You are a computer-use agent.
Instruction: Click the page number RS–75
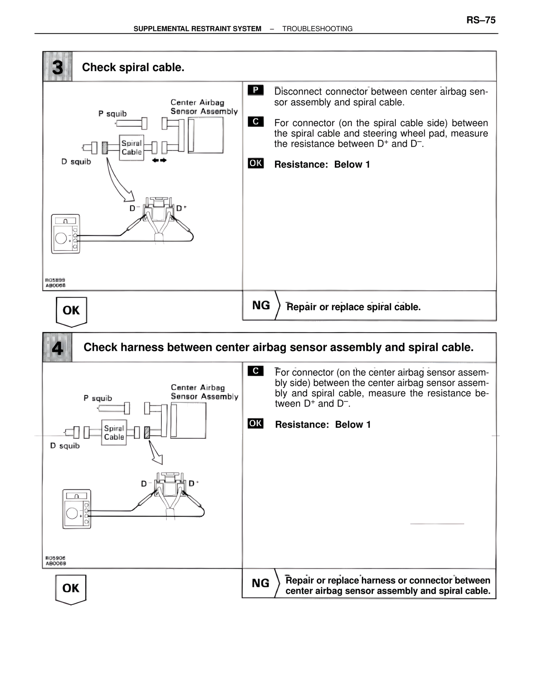tap(481, 20)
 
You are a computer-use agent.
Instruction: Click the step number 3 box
tap(58, 67)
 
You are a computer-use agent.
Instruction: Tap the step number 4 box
tap(57, 348)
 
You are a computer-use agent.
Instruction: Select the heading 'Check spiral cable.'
tap(133, 67)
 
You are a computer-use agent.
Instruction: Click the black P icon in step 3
tap(255, 90)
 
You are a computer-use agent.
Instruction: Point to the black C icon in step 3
tap(255, 122)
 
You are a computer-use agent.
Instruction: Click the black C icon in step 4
tap(255, 371)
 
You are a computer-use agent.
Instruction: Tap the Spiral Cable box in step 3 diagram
tap(131, 148)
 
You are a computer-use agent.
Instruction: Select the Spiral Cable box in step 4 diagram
tap(114, 432)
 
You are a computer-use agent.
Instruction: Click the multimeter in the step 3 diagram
tap(66, 234)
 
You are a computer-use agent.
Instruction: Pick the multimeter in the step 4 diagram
tap(76, 509)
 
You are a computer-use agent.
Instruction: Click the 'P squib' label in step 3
tap(112, 114)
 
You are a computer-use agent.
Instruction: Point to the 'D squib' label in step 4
tap(65, 446)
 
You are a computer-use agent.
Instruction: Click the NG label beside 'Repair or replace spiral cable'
tap(261, 305)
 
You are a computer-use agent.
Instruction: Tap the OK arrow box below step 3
tap(71, 311)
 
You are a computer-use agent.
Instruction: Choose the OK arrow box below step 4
tap(71, 588)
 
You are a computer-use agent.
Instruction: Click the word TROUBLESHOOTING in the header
tap(317, 29)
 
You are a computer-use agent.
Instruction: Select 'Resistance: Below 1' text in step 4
tap(323, 425)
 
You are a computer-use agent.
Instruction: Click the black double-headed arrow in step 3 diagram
tap(159, 160)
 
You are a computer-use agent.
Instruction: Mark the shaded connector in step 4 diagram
tap(147, 432)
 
